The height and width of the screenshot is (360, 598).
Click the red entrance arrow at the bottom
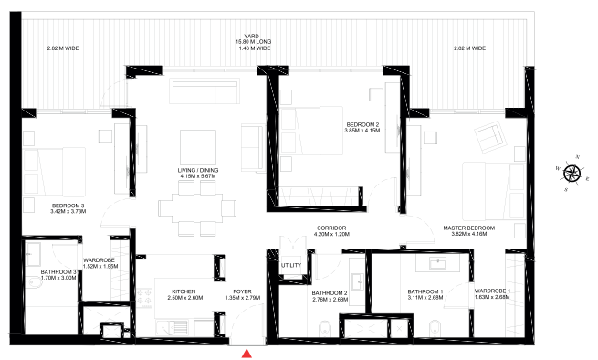[x=247, y=353]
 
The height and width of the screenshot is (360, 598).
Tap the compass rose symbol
[x=572, y=173]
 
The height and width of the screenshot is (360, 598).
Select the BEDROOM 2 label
[x=362, y=124]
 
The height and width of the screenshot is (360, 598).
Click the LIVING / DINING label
[x=199, y=171]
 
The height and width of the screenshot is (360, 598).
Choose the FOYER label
[x=242, y=291]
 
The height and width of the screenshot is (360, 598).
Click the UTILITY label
[x=291, y=265]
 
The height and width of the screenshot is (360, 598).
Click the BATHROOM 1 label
[x=425, y=291]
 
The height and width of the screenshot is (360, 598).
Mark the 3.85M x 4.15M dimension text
[x=362, y=131]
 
